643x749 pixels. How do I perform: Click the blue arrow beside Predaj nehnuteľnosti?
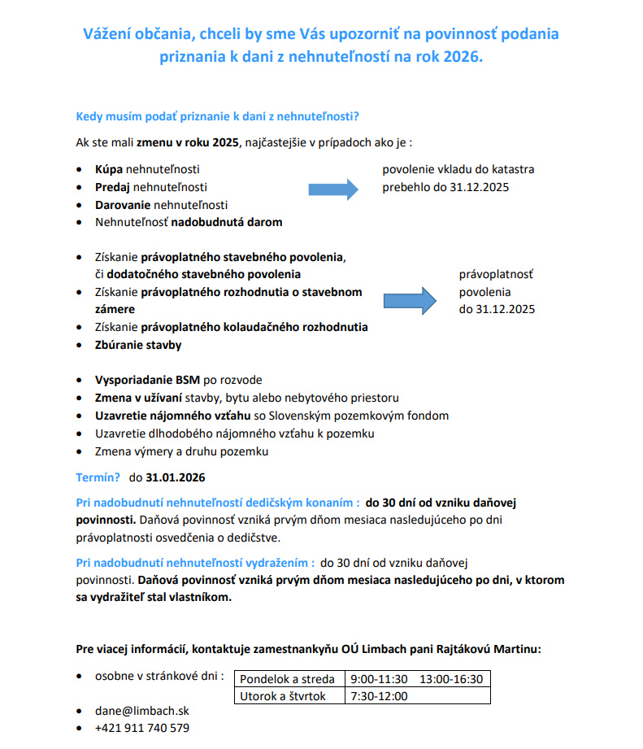[333, 189]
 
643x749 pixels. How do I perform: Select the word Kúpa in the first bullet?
[109, 169]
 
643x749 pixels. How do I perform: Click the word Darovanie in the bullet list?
[123, 204]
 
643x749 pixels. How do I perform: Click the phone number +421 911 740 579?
[142, 728]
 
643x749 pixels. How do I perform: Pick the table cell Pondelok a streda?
[288, 679]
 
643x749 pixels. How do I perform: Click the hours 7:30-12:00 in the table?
[379, 696]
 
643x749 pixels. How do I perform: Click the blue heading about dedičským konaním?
[217, 502]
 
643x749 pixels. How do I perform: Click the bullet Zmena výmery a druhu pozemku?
[181, 451]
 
